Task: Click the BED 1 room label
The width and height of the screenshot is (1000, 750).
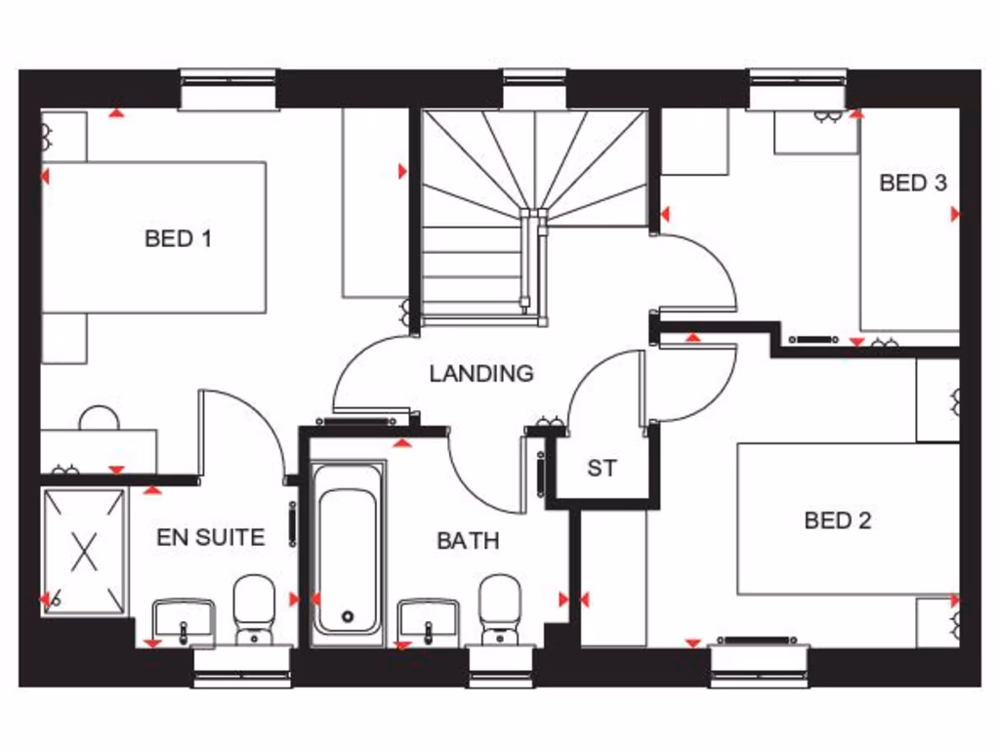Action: point(178,238)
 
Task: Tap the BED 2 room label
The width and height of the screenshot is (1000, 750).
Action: point(837,521)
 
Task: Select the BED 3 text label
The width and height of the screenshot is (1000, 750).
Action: point(912,183)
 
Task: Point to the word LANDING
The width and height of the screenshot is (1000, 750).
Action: point(481,373)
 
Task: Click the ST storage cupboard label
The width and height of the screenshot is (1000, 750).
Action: point(602,469)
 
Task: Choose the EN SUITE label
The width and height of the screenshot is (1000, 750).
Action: point(210,537)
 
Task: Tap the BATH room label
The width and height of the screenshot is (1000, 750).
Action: point(468,540)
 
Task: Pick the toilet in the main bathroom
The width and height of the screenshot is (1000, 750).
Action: point(500,607)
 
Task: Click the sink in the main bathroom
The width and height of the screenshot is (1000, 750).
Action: point(429,620)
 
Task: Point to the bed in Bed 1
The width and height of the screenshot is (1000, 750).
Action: point(154,237)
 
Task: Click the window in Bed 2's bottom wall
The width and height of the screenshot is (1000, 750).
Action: point(759,663)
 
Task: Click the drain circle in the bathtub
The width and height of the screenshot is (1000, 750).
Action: point(347,616)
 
